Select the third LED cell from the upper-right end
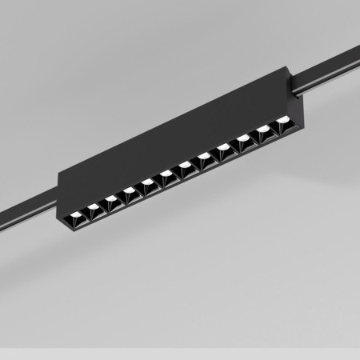coord(243,138)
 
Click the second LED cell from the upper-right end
coord(262,130)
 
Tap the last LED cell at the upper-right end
coord(282,122)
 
